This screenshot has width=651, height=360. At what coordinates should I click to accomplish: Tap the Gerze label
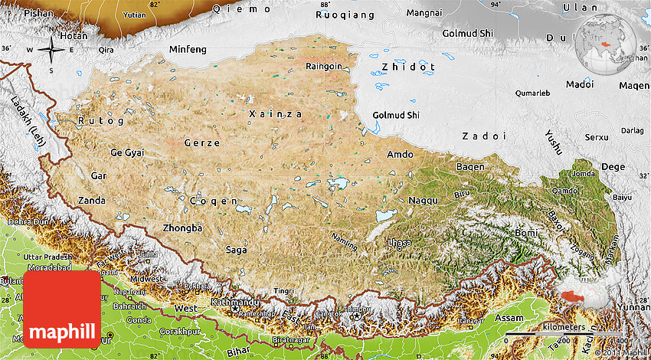(202, 143)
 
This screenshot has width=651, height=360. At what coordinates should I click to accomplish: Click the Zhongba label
(182, 228)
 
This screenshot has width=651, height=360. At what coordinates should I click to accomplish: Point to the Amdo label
(400, 154)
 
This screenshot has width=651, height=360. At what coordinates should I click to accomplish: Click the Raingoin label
(324, 67)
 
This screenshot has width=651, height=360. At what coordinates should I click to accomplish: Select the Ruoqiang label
(345, 15)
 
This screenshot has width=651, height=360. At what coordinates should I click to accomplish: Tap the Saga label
(237, 250)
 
